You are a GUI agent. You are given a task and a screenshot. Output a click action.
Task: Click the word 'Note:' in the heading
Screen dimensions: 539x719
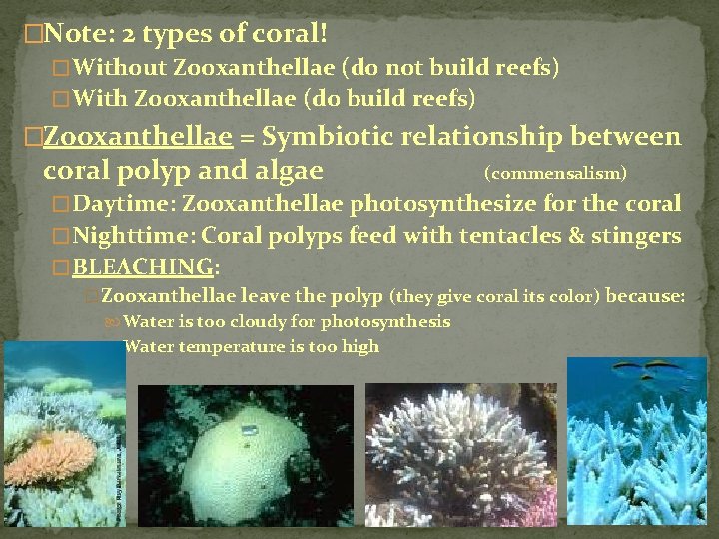79,35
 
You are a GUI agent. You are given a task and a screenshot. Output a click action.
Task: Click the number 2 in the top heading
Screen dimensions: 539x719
133,35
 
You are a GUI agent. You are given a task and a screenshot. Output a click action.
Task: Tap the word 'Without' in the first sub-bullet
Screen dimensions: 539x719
119,69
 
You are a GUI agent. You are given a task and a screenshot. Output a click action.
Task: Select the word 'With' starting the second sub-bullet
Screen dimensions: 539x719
100,99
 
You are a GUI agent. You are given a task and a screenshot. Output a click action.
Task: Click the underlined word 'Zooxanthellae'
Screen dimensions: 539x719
137,136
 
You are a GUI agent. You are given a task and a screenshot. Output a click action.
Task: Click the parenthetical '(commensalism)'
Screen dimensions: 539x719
555,173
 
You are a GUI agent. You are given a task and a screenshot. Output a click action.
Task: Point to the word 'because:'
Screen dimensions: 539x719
646,296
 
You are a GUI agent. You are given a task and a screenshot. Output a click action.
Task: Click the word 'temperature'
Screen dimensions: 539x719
242,347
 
